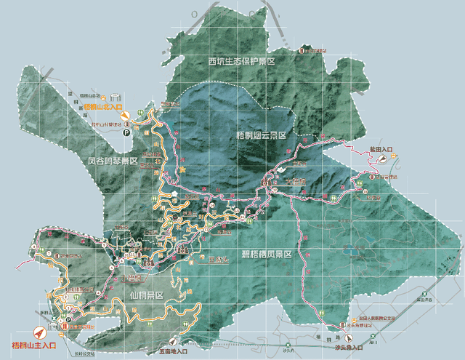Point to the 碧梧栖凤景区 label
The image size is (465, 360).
click(266, 254)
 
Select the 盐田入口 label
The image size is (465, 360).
click(381, 149)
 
